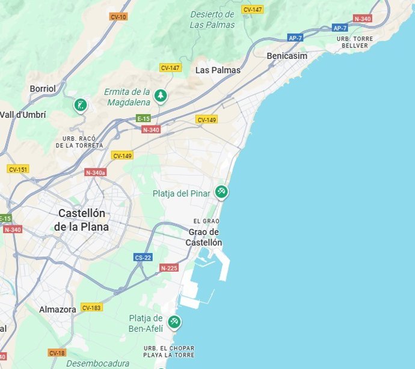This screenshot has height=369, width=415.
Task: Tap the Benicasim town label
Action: point(287,56)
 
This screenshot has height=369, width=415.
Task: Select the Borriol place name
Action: point(43,89)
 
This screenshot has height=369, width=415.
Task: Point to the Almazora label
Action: point(58,310)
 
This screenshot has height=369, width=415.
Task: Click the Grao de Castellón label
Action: point(204,237)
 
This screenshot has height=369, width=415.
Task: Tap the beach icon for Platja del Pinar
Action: point(222,192)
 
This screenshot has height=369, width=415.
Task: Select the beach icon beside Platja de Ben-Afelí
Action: point(174,322)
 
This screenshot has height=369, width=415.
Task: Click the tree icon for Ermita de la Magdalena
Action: point(160,95)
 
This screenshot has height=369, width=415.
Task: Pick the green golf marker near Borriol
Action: point(80,105)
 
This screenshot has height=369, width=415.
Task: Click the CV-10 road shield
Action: point(118,17)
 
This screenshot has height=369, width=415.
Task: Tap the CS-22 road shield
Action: point(143,257)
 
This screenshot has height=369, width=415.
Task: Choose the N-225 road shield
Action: point(169,267)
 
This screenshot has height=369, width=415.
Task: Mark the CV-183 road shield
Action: point(91,308)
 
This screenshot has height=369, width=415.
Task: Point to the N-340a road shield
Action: point(95,172)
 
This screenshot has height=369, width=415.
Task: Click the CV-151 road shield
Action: point(18,169)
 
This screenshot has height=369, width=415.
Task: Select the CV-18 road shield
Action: point(57,353)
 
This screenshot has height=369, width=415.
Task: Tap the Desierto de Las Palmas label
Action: point(212,20)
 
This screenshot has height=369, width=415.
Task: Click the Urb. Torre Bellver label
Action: point(355,42)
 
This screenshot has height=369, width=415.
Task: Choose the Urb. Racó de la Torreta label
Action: point(79,142)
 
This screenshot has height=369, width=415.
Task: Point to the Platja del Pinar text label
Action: point(182,194)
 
